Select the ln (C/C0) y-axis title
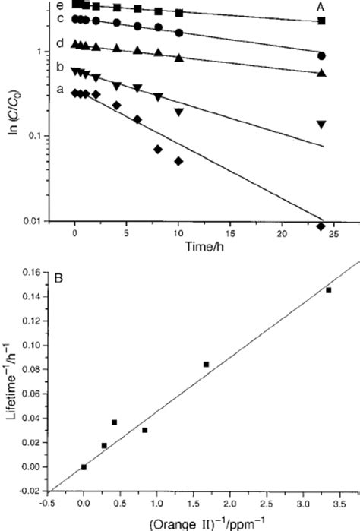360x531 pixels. (11, 113)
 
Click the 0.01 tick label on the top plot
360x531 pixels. (50, 221)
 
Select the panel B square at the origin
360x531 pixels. (84, 466)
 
